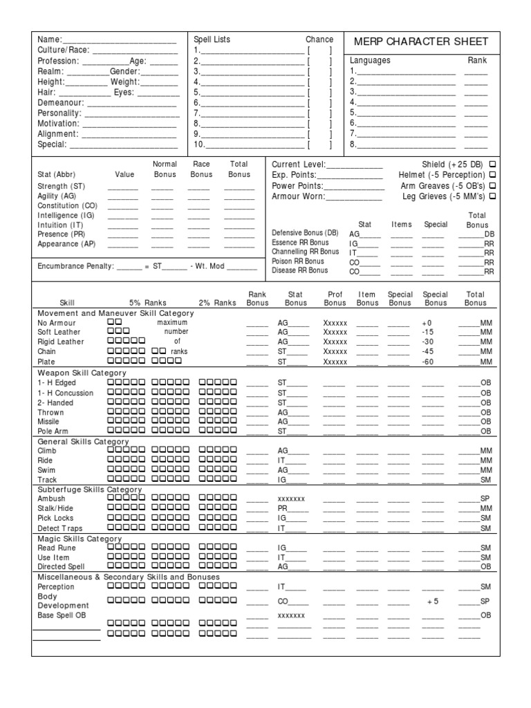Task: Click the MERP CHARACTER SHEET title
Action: (x=420, y=41)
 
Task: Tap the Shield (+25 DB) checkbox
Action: (x=492, y=165)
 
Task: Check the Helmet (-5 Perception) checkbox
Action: (x=492, y=175)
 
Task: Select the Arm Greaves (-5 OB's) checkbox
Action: (x=492, y=185)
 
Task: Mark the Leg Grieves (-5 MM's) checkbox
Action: (x=492, y=196)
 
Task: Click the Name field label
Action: (x=49, y=40)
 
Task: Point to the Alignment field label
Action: (x=57, y=134)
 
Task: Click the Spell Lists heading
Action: (x=212, y=40)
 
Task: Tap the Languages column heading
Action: (x=370, y=61)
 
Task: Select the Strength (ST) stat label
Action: (x=62, y=186)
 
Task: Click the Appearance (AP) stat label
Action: (x=66, y=244)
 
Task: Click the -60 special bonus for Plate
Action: (x=429, y=362)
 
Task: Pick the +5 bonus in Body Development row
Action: (x=433, y=602)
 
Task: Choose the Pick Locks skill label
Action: (x=55, y=518)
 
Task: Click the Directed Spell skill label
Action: (x=62, y=567)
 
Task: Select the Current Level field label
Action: (x=298, y=165)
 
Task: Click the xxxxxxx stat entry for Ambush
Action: (x=291, y=499)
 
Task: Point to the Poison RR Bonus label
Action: (x=298, y=261)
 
